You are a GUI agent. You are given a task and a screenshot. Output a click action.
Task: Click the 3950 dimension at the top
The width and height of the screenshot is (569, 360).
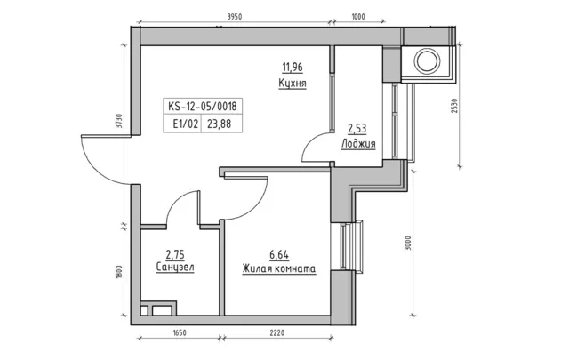click(235, 16)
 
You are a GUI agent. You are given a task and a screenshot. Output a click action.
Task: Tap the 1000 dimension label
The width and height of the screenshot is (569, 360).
click(358, 16)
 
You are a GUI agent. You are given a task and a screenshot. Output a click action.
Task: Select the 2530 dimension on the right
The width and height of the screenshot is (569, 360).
click(456, 106)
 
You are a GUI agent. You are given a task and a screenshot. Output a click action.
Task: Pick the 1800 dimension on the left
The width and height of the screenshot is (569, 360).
click(118, 272)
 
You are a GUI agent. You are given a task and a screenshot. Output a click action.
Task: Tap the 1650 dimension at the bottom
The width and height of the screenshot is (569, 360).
click(180, 332)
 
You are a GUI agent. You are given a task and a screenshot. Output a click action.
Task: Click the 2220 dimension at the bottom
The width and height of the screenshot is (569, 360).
click(277, 332)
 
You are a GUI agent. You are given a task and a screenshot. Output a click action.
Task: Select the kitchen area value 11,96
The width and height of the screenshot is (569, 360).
click(293, 68)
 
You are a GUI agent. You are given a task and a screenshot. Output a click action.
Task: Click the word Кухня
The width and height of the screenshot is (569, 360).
click(293, 83)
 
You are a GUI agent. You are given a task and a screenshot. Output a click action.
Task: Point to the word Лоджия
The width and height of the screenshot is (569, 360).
click(358, 144)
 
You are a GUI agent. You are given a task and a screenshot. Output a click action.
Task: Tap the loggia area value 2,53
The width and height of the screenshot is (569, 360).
click(357, 129)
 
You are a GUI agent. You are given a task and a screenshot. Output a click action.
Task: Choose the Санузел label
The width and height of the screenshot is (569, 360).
click(175, 268)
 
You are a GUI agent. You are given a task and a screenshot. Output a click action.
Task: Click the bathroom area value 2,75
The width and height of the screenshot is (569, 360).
click(175, 255)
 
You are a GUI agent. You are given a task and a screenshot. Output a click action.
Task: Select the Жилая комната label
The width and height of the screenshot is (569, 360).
click(279, 269)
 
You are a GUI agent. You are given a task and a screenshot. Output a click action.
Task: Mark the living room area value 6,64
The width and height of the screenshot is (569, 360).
click(279, 255)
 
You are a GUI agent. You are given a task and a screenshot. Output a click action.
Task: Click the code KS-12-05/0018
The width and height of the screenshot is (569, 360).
click(203, 107)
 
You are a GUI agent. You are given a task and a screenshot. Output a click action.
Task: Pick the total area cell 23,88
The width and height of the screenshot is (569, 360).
click(220, 124)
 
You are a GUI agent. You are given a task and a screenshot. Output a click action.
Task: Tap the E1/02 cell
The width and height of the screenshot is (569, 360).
click(186, 124)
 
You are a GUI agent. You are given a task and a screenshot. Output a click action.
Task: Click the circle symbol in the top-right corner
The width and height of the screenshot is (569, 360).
click(428, 60)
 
